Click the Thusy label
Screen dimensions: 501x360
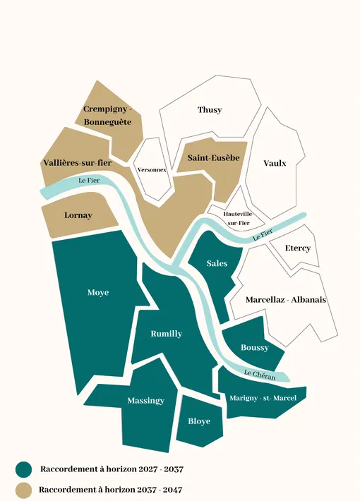(210, 110)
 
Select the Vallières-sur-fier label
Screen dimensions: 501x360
(77, 163)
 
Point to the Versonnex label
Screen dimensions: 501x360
(152, 170)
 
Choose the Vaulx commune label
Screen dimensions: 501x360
(275, 163)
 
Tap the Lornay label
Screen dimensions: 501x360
(78, 215)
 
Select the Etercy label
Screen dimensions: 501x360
(297, 248)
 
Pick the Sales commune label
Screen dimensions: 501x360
(217, 263)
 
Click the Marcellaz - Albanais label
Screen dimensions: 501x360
(285, 300)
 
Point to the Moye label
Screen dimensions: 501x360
(98, 292)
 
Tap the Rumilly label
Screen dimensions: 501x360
(167, 334)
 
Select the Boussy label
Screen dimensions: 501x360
(254, 348)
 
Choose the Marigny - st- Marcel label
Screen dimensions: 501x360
(263, 398)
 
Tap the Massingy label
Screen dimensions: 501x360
(145, 401)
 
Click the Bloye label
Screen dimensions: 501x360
(199, 422)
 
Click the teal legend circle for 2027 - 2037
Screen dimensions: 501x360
(24, 469)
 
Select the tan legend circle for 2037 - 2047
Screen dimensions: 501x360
(24, 489)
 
